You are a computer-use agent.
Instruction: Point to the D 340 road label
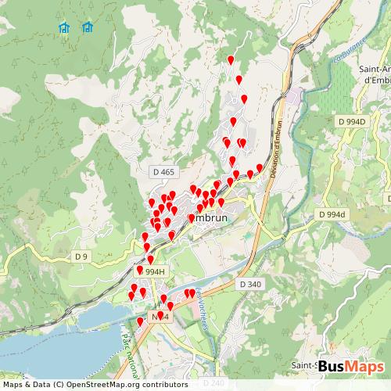tap(250, 284)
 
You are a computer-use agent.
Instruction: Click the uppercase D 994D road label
tap(352, 122)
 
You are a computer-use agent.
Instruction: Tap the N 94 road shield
tap(160, 316)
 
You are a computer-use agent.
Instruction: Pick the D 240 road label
tap(213, 383)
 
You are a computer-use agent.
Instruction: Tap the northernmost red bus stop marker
tap(230, 60)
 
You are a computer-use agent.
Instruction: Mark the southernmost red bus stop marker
tap(140, 321)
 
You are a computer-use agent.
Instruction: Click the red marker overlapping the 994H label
tap(141, 270)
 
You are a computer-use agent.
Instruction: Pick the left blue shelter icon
tap(65, 28)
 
